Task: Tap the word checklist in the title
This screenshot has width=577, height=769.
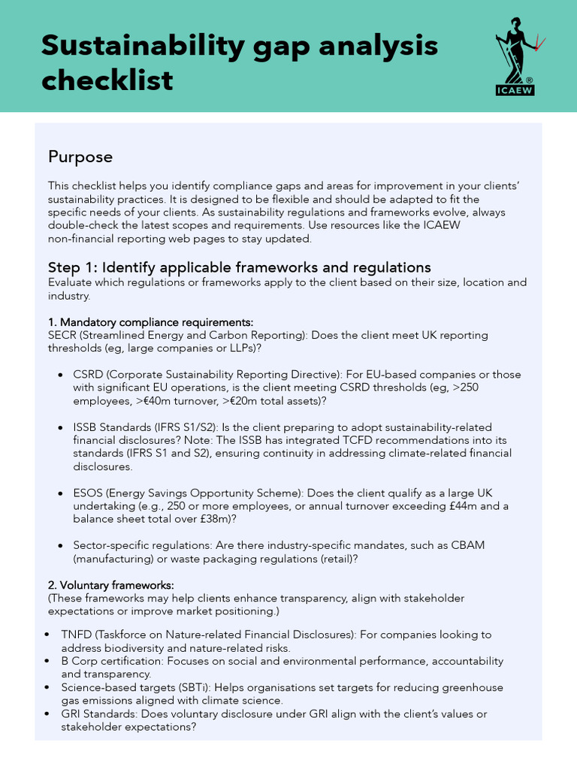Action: (x=107, y=80)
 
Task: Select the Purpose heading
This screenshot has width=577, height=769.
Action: (x=80, y=157)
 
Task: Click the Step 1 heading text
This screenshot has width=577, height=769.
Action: (x=239, y=267)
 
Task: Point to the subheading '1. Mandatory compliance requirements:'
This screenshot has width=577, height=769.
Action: (x=150, y=322)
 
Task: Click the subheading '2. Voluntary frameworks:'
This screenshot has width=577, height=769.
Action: (x=110, y=584)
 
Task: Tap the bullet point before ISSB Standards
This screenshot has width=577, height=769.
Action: (x=60, y=427)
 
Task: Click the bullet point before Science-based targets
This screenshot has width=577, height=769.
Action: (x=48, y=687)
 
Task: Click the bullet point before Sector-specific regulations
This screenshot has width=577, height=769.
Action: (x=60, y=545)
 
